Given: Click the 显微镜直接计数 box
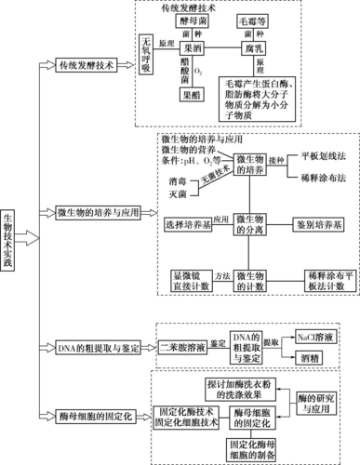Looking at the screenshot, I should [x=188, y=282].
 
